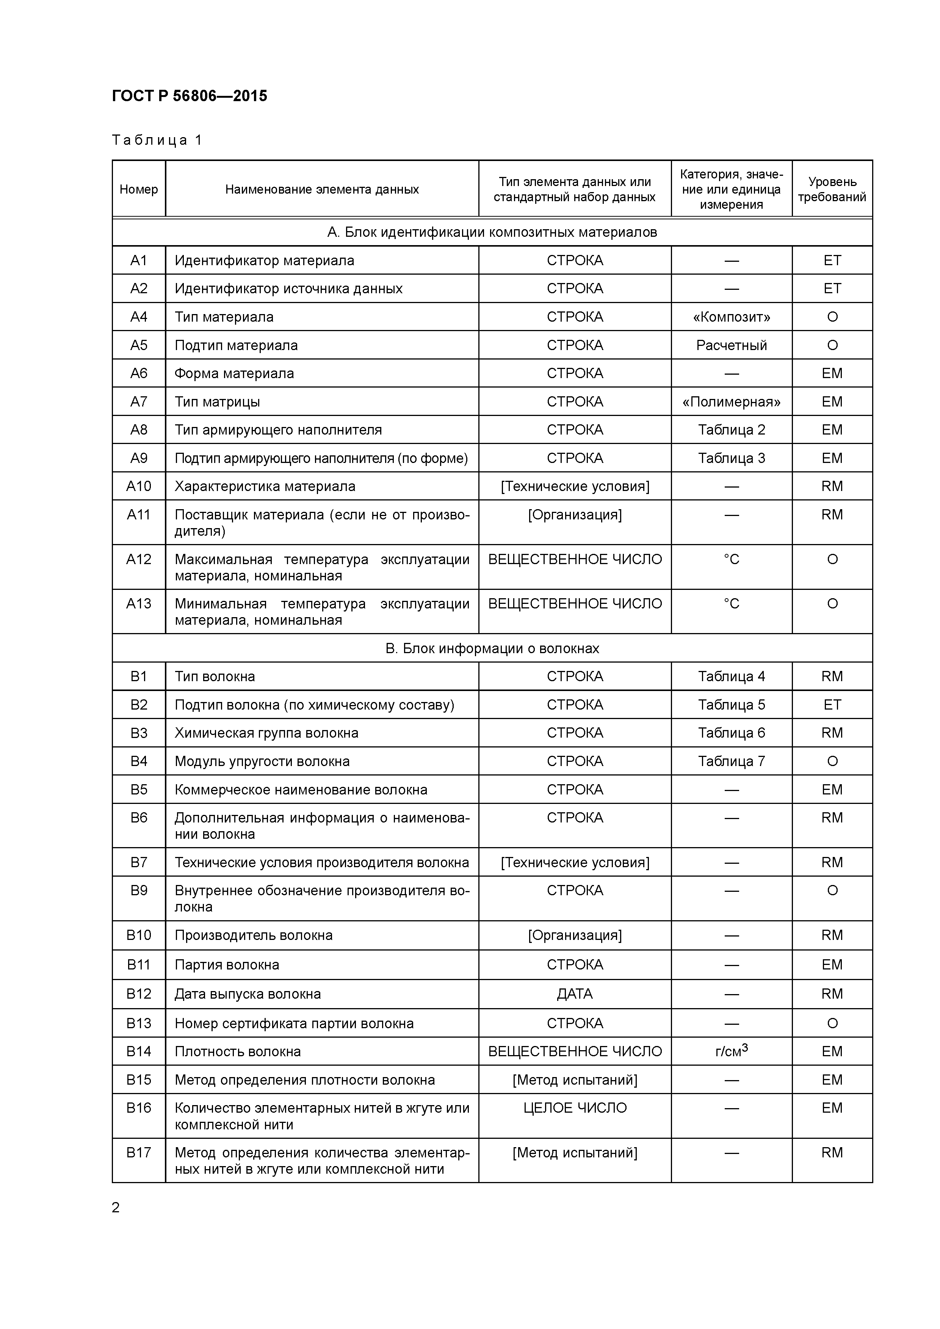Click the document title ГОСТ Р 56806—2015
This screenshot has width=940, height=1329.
pyautogui.click(x=190, y=96)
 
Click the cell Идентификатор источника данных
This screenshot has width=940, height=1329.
pyautogui.click(x=288, y=289)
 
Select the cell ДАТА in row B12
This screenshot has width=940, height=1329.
pyautogui.click(x=575, y=994)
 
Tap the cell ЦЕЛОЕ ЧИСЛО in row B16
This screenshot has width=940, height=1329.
pyautogui.click(x=575, y=1108)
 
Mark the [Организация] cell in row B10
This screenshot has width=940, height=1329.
pyautogui.click(x=575, y=935)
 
